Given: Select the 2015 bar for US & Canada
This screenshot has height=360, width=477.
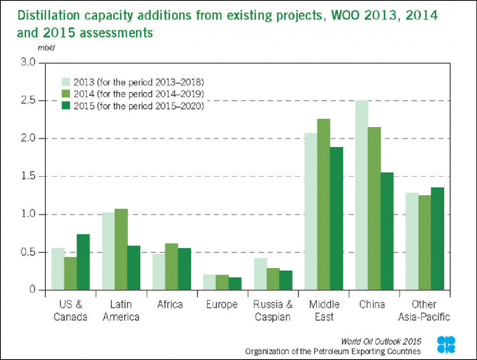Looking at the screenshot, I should pyautogui.click(x=83, y=262).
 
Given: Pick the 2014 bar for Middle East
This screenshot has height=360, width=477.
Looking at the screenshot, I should pyautogui.click(x=324, y=205).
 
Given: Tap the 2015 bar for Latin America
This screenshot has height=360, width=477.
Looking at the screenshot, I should pyautogui.click(x=134, y=268).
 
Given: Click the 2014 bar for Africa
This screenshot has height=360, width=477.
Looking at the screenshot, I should pyautogui.click(x=172, y=267).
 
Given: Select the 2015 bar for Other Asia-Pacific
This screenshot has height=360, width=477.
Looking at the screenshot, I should pyautogui.click(x=437, y=239).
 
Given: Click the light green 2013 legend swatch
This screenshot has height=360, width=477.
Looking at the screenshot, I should pyautogui.click(x=66, y=82).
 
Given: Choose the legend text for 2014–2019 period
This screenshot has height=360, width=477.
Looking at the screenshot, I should pyautogui.click(x=138, y=95).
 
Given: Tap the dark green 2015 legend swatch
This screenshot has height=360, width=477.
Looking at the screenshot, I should pyautogui.click(x=66, y=106).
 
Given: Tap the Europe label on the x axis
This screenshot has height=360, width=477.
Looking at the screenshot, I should pyautogui.click(x=222, y=305).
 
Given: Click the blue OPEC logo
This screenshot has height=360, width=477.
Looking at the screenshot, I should pyautogui.click(x=446, y=345).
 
